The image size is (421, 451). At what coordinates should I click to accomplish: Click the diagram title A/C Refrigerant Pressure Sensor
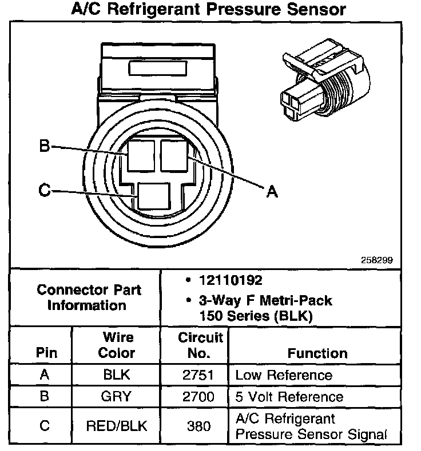(x=209, y=10)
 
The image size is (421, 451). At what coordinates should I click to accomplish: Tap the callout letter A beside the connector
(x=272, y=192)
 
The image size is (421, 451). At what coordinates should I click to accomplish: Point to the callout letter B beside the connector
(x=44, y=147)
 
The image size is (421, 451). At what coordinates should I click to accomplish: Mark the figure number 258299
(x=376, y=259)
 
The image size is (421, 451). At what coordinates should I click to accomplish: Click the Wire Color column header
(x=117, y=345)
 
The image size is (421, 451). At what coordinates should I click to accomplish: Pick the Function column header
(x=317, y=353)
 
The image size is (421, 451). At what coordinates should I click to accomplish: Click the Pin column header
(x=47, y=353)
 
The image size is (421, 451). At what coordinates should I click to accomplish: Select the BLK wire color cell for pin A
(x=117, y=375)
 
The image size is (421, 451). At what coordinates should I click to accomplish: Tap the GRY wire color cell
(x=117, y=396)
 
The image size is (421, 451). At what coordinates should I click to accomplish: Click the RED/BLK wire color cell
(x=117, y=426)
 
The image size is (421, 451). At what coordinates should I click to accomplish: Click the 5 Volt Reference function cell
(x=289, y=396)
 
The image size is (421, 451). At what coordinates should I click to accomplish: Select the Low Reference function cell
(x=284, y=375)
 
